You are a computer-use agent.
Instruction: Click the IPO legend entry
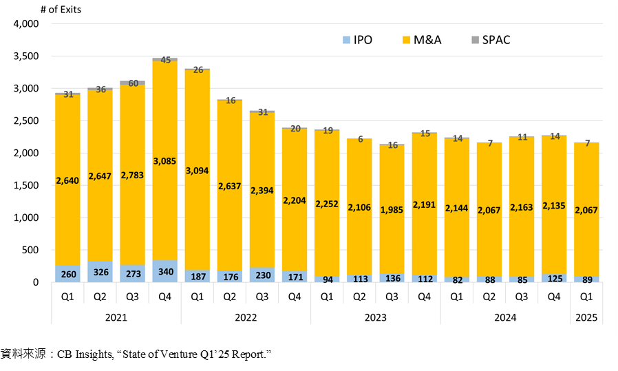356,40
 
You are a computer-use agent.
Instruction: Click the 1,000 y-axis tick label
25,218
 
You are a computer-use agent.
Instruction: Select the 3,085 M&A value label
164,142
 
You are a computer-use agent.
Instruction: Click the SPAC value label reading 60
132,84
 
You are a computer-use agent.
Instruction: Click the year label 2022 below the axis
246,318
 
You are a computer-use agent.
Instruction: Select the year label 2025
587,318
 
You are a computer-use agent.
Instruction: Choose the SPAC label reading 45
164,61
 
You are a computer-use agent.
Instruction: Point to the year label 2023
376,318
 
